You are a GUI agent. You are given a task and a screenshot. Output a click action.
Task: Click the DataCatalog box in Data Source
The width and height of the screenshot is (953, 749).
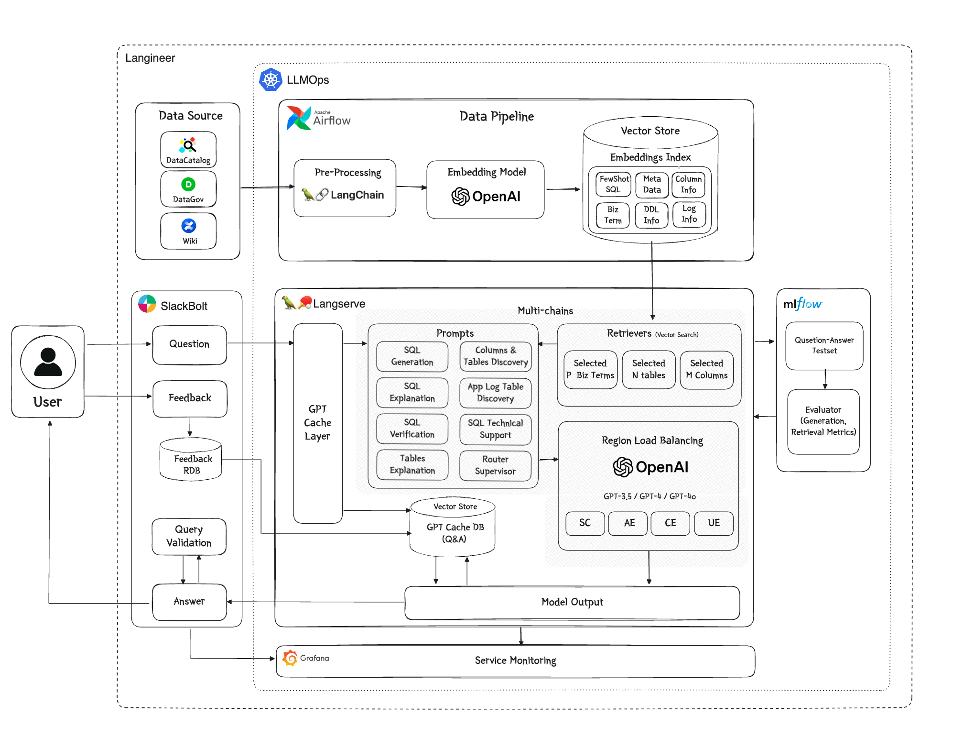188,150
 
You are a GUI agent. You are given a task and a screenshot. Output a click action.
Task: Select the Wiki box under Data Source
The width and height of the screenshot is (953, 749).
188,231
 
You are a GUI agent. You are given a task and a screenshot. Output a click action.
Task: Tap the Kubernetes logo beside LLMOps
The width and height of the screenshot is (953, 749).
271,80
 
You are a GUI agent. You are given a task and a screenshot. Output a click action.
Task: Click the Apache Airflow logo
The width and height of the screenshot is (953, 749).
299,118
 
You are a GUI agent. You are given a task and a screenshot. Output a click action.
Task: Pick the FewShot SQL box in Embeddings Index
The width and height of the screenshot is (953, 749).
614,184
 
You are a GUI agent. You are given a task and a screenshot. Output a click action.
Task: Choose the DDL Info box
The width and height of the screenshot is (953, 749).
651,215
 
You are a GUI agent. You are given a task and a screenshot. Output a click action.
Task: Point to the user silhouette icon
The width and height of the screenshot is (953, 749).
48,362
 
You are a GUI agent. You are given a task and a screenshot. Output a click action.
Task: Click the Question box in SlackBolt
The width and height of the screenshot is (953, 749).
189,344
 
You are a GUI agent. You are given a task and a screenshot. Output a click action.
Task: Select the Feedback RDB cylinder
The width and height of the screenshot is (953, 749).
191,460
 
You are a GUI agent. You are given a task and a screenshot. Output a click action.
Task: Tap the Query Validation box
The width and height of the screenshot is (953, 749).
189,536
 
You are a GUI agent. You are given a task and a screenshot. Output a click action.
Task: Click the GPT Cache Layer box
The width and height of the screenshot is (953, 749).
318,423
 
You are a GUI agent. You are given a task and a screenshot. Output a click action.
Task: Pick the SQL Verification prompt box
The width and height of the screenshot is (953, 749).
412,429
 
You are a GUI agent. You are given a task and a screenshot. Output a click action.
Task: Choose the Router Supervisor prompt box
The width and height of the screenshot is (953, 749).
495,465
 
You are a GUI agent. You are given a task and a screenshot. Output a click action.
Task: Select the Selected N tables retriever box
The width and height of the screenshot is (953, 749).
649,369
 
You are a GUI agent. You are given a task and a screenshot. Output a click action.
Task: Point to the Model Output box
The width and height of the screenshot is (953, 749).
572,602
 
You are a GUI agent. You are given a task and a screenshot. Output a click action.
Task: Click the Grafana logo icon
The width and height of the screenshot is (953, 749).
290,658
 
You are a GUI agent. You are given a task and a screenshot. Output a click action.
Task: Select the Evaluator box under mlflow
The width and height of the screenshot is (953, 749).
823,421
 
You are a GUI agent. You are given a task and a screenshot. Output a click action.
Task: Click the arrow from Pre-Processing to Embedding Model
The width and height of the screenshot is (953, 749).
411,187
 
